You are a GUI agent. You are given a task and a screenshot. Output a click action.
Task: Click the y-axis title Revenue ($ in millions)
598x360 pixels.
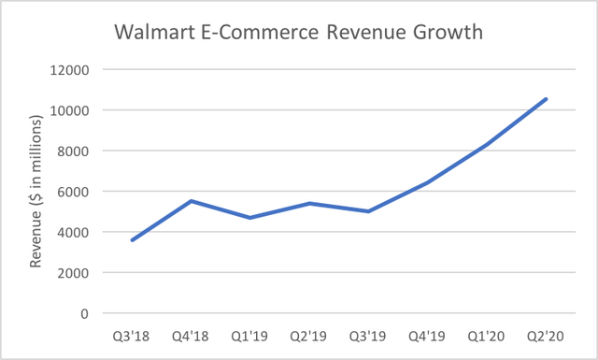(x=36, y=191)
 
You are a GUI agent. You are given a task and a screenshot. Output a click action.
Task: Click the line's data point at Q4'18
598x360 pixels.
(x=191, y=201)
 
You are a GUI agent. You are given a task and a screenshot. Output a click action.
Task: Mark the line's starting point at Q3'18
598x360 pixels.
(x=132, y=240)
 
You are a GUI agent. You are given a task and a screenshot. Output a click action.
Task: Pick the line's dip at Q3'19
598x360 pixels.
(x=368, y=211)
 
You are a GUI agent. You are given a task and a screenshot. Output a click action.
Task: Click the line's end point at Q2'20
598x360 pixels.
(x=547, y=99)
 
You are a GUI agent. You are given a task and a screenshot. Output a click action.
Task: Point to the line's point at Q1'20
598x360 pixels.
(x=487, y=144)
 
